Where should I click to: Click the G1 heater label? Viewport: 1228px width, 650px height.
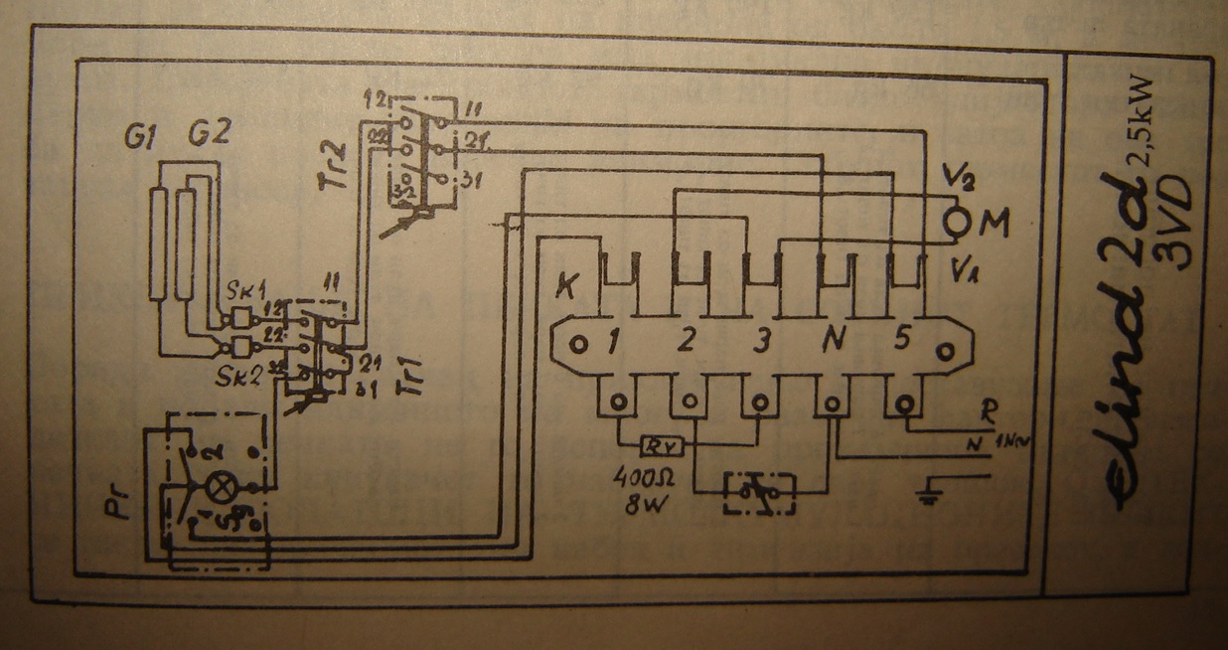[x=137, y=136]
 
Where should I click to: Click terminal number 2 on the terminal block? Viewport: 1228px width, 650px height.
[x=687, y=341]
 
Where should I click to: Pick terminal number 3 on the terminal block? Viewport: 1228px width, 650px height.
[x=761, y=341]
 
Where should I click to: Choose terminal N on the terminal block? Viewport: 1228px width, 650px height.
[x=833, y=341]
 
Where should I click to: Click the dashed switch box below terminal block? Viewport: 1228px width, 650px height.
[x=760, y=490]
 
